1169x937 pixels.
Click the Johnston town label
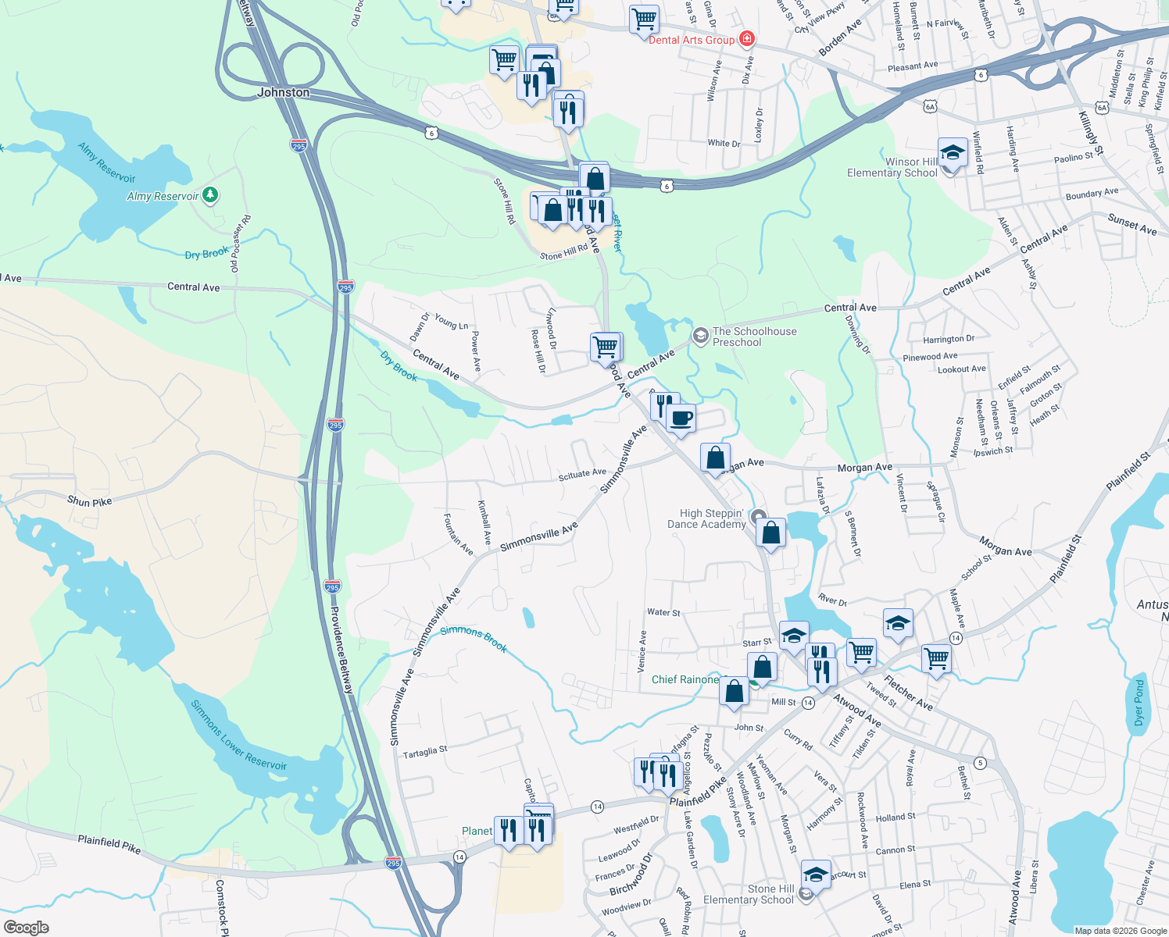283,92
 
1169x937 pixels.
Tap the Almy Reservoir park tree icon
210,194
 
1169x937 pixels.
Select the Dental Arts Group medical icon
747,38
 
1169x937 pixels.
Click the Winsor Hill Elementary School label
892,167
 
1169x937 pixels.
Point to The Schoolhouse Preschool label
754,337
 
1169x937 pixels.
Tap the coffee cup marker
681,419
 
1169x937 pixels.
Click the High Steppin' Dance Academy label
706,518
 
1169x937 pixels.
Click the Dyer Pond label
1139,702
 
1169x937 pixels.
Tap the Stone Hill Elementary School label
748,894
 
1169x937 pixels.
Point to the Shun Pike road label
89,501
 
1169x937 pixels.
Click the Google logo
27,927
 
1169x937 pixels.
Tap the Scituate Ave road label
582,473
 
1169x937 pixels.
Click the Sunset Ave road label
1131,224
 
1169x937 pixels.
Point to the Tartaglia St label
425,752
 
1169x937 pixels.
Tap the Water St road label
663,612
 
